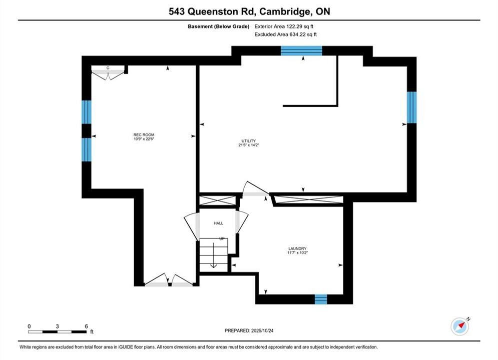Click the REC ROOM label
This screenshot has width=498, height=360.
pos(144,134)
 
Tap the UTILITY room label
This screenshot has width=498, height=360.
pos(248,141)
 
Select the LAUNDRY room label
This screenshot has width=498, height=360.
pos(297,248)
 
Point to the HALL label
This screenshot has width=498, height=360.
pos(218,223)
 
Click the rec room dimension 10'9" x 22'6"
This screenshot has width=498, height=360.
pos(144,139)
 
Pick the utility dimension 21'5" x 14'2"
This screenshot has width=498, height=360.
pos(248,145)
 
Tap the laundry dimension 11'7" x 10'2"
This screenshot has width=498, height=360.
pos(297,253)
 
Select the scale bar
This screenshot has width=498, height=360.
pos(57,332)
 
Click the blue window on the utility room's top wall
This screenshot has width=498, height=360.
pos(301,50)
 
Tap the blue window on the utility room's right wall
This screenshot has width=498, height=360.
pos(411,107)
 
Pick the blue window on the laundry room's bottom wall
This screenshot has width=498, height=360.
pos(321,299)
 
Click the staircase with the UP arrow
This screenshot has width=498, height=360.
pos(213,255)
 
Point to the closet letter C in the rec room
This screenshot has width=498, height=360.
pos(108,68)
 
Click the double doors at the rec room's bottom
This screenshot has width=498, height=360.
pos(169,280)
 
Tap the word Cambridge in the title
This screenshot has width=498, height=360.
pos(285,11)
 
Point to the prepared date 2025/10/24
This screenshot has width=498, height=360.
pos(262,330)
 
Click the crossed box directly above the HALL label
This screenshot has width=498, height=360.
pos(218,200)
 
